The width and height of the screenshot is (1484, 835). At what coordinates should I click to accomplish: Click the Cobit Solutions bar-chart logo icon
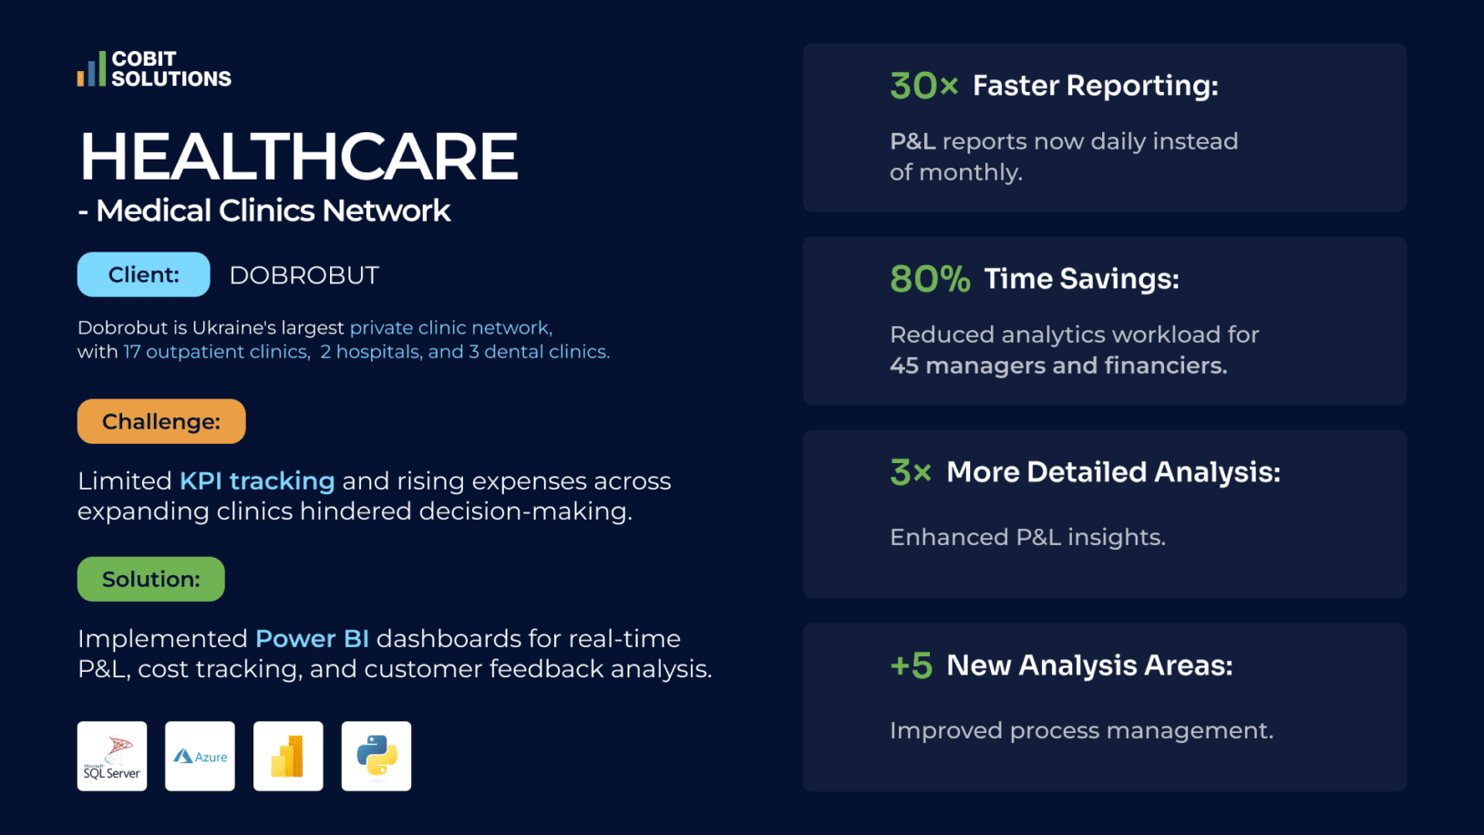91,69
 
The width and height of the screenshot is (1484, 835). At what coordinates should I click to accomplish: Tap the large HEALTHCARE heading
299,157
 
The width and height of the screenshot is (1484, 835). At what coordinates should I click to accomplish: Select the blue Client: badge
143,274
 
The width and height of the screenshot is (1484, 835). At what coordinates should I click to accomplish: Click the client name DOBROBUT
304,275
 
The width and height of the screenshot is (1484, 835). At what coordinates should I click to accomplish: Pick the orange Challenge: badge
161,421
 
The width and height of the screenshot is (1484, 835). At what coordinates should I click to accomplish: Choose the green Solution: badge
150,579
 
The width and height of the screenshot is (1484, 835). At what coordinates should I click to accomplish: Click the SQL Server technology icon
112,756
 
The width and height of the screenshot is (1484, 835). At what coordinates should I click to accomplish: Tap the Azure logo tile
200,756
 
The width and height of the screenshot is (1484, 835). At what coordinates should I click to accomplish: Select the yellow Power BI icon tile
288,756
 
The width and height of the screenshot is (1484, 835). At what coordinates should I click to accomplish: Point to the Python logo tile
376,756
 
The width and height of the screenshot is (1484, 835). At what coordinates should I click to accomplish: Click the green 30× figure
923,87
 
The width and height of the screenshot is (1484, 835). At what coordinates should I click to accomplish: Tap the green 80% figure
930,279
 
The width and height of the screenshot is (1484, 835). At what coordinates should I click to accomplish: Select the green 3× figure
911,472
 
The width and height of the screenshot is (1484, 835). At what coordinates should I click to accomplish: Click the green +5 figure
911,665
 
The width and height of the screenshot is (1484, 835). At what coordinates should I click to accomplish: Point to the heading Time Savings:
1081,279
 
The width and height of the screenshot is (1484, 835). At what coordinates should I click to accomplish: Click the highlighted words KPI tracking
257,480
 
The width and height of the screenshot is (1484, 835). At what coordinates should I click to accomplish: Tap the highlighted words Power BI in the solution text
312,638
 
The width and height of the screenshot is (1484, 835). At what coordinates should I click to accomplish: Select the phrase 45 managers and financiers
1058,366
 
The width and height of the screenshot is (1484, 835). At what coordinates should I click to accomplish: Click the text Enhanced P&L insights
1027,537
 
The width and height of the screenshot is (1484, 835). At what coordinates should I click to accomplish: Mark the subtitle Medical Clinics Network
273,211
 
